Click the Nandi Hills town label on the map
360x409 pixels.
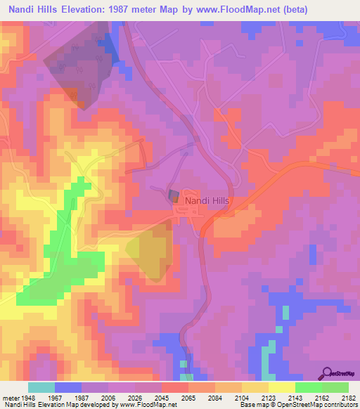click(x=207, y=200)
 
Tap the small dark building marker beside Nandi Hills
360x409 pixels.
click(x=173, y=196)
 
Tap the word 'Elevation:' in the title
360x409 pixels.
click(x=98, y=7)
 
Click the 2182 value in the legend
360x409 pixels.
click(x=349, y=396)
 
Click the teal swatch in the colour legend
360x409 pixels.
click(x=41, y=387)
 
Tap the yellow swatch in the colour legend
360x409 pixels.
click(x=281, y=387)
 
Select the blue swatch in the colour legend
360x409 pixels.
click(x=68, y=387)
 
